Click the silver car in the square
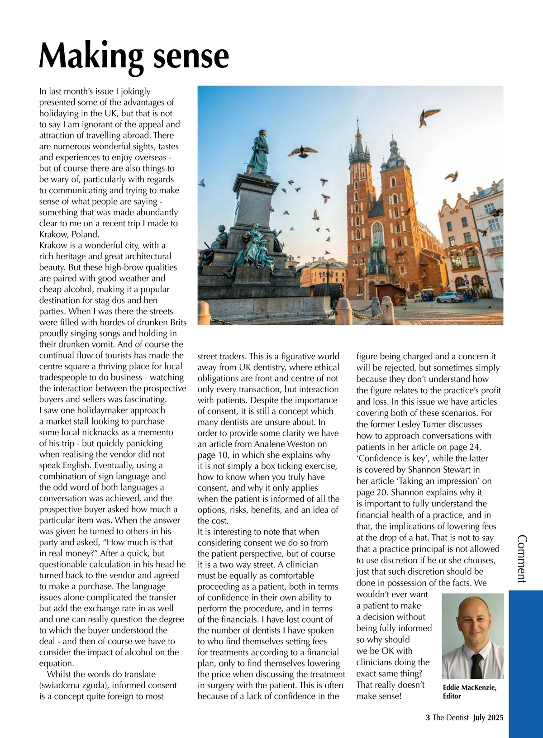click(x=449, y=297)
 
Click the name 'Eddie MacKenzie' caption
click(x=469, y=688)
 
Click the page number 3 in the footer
click(x=428, y=718)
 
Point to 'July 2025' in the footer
click(x=488, y=718)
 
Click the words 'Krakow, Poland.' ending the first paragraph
click(x=69, y=234)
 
